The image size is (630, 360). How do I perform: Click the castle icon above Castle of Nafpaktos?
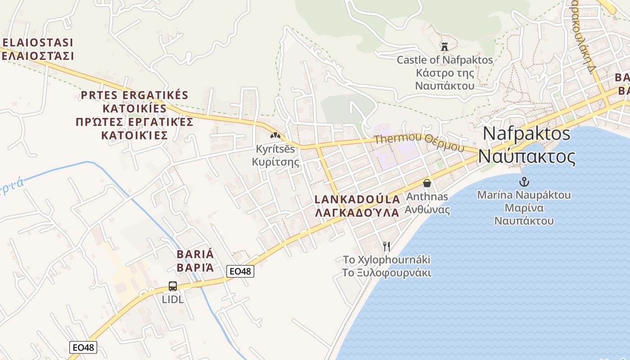click(445, 46)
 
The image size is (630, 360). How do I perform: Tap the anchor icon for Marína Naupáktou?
click(524, 182)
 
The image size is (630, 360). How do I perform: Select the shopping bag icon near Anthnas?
click(427, 183)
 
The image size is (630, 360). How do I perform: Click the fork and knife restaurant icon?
click(386, 246)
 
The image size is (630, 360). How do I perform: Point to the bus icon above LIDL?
click(173, 286)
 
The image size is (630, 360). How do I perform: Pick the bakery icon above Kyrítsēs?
click(275, 135)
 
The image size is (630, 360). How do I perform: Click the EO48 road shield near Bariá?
click(240, 271)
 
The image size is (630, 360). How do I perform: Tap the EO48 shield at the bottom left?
click(83, 347)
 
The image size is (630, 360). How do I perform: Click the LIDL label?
click(173, 299)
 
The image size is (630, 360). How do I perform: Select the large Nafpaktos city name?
click(526, 134)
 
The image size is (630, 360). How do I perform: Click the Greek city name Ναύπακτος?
click(526, 157)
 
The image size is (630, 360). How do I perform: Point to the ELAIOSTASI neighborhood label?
click(38, 43)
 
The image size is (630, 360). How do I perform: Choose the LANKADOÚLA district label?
click(357, 199)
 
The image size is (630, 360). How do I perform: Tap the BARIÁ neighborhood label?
click(195, 254)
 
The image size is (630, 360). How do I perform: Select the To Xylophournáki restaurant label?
click(387, 260)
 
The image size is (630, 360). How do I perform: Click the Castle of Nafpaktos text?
click(445, 59)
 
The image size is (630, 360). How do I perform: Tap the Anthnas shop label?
click(427, 197)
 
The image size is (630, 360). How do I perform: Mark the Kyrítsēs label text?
click(275, 148)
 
